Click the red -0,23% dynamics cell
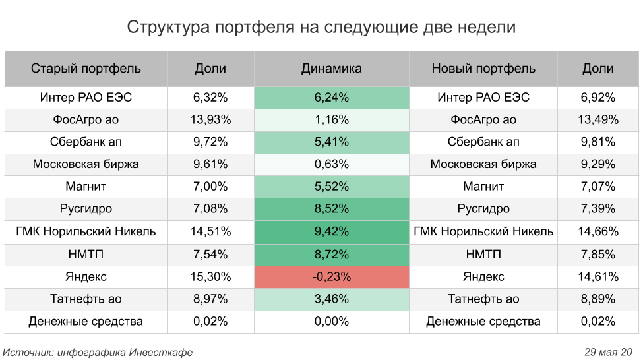(x=331, y=277)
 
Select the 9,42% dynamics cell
(x=331, y=231)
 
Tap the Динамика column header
(x=331, y=69)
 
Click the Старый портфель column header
(x=86, y=69)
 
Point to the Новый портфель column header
(x=483, y=69)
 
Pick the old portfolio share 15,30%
(x=210, y=277)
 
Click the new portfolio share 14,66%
(x=598, y=231)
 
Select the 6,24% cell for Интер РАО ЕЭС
(x=331, y=98)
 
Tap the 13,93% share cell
(x=210, y=120)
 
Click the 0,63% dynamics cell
(x=331, y=164)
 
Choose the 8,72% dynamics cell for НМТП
(x=331, y=254)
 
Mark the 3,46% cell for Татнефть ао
(x=331, y=299)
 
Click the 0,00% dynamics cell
(x=331, y=322)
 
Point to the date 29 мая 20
(x=608, y=352)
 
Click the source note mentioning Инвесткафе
(x=98, y=352)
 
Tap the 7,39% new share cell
(x=598, y=209)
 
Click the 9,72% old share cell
(x=210, y=142)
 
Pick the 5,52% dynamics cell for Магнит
(x=331, y=187)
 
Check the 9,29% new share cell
(x=598, y=164)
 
